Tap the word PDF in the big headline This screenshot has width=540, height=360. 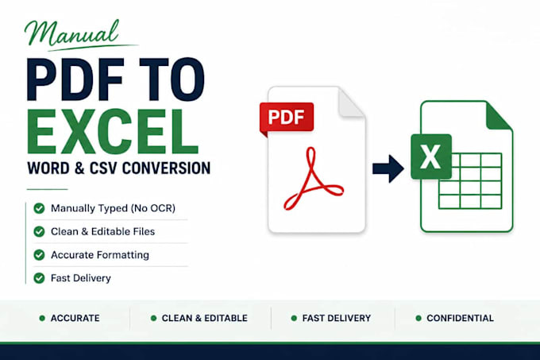click(75, 79)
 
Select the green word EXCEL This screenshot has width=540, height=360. click(113, 131)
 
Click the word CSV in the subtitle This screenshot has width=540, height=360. click(103, 168)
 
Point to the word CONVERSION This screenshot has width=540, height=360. click(166, 168)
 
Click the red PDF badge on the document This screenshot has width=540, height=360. click(287, 117)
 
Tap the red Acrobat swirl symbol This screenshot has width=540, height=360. click(313, 179)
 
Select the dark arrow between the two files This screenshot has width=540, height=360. click(388, 168)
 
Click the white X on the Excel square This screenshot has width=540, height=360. click(430, 157)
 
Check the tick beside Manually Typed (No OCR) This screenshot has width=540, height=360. click(39, 208)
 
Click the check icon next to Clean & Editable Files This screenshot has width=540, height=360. click(39, 231)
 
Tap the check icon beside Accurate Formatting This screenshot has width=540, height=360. click(39, 255)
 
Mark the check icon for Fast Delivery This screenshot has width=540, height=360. click(39, 278)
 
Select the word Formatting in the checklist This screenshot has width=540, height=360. click(123, 255)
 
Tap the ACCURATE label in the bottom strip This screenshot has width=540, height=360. click(75, 318)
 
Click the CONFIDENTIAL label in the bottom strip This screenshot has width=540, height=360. click(460, 318)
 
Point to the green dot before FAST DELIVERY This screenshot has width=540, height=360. click(294, 318)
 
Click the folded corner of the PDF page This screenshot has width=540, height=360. click(349, 103)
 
